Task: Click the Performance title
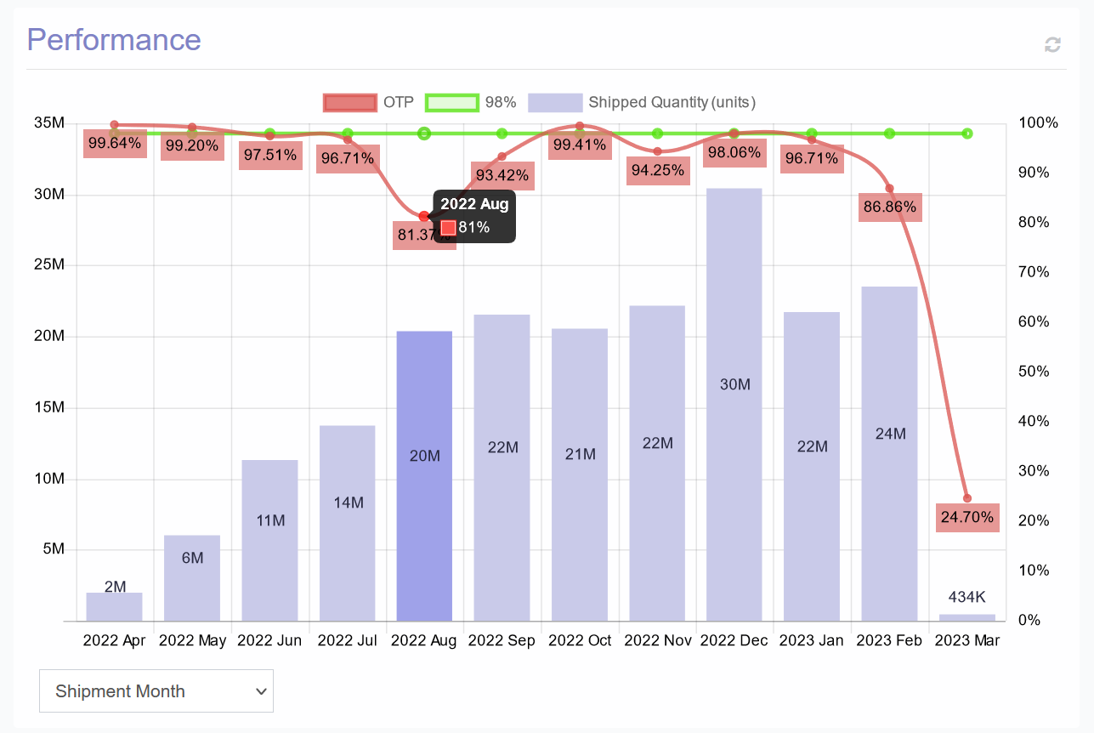(114, 40)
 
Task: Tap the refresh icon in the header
(1052, 44)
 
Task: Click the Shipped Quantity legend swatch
(554, 103)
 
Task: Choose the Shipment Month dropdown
(156, 690)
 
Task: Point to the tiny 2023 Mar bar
(967, 617)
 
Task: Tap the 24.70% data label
(967, 516)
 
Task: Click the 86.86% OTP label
(889, 207)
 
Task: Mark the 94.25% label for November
(657, 170)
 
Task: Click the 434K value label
(967, 597)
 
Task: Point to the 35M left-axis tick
(49, 123)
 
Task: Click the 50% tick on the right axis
(1034, 372)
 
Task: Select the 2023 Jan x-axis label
(812, 640)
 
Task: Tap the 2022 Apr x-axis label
(114, 640)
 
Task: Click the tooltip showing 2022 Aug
(474, 215)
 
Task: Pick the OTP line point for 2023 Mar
(967, 498)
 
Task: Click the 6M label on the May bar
(192, 558)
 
